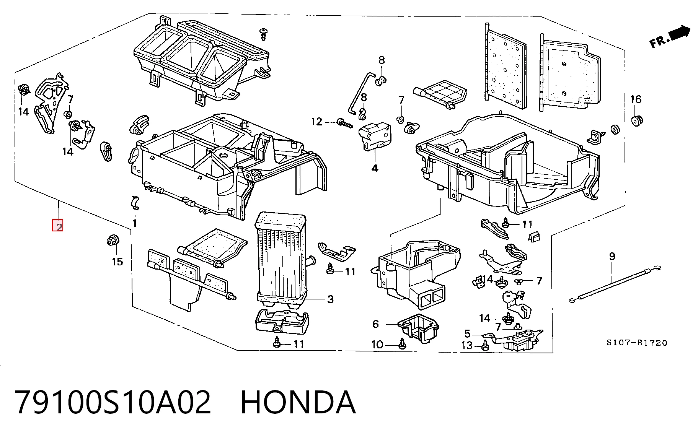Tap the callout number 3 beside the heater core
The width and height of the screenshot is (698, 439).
click(330, 299)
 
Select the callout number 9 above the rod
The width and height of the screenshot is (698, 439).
click(612, 256)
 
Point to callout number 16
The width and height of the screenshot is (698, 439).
click(636, 99)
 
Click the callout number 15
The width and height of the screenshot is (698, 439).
click(117, 262)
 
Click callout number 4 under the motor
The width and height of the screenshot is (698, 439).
click(375, 168)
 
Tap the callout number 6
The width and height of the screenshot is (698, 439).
click(375, 324)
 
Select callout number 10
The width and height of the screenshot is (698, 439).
click(377, 345)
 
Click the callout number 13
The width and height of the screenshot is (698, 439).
click(467, 345)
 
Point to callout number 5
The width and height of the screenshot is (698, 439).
click(467, 334)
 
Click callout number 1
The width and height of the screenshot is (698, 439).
click(134, 223)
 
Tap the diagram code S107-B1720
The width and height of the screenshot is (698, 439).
click(637, 343)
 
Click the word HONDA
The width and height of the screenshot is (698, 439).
click(298, 402)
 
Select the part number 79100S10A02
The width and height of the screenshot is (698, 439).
click(113, 402)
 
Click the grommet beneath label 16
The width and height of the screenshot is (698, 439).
click(636, 120)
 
